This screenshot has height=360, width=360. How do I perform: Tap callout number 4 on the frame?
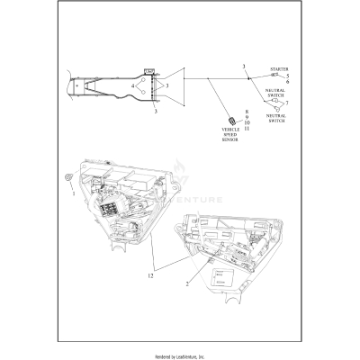(134, 86)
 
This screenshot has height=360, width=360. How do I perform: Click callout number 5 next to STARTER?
(286, 76)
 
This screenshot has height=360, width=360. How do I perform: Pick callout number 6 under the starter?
(286, 83)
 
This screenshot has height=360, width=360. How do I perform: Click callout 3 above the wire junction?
(243, 68)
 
